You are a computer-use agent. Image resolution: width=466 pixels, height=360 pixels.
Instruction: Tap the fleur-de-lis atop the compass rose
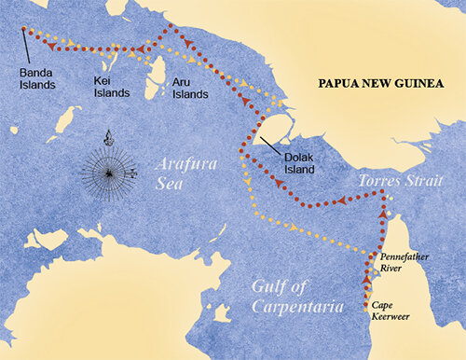click(x=109, y=139)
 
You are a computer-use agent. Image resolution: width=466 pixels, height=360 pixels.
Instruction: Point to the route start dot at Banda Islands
click(x=22, y=29)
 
